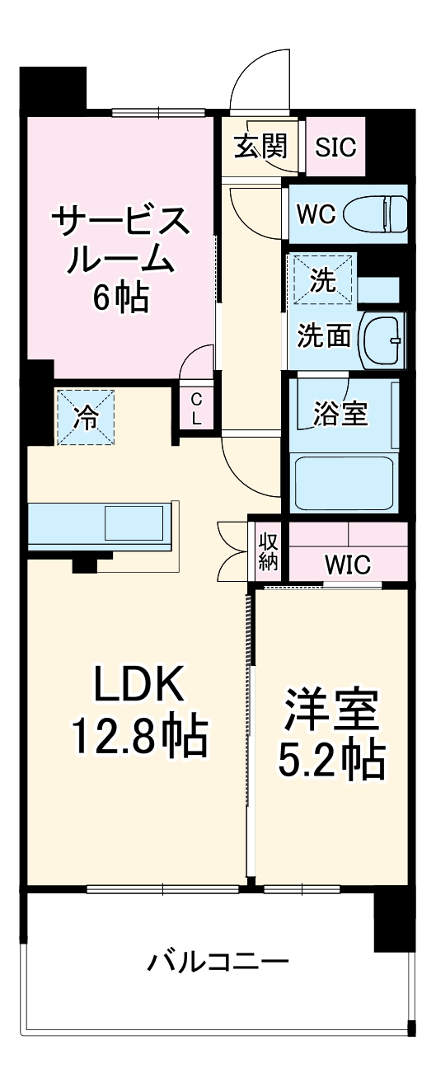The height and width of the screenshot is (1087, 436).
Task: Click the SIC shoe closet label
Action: [x=336, y=148]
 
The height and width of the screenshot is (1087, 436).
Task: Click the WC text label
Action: [x=316, y=215]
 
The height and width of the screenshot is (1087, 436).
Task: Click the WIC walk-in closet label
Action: [x=347, y=565]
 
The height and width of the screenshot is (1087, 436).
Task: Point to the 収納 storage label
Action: [x=268, y=552]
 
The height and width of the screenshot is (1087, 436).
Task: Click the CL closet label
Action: [x=196, y=408]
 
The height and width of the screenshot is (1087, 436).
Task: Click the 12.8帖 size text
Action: [x=138, y=738]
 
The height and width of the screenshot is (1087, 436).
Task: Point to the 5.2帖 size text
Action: [x=332, y=762]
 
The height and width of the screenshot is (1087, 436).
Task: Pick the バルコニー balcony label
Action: [x=218, y=962]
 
